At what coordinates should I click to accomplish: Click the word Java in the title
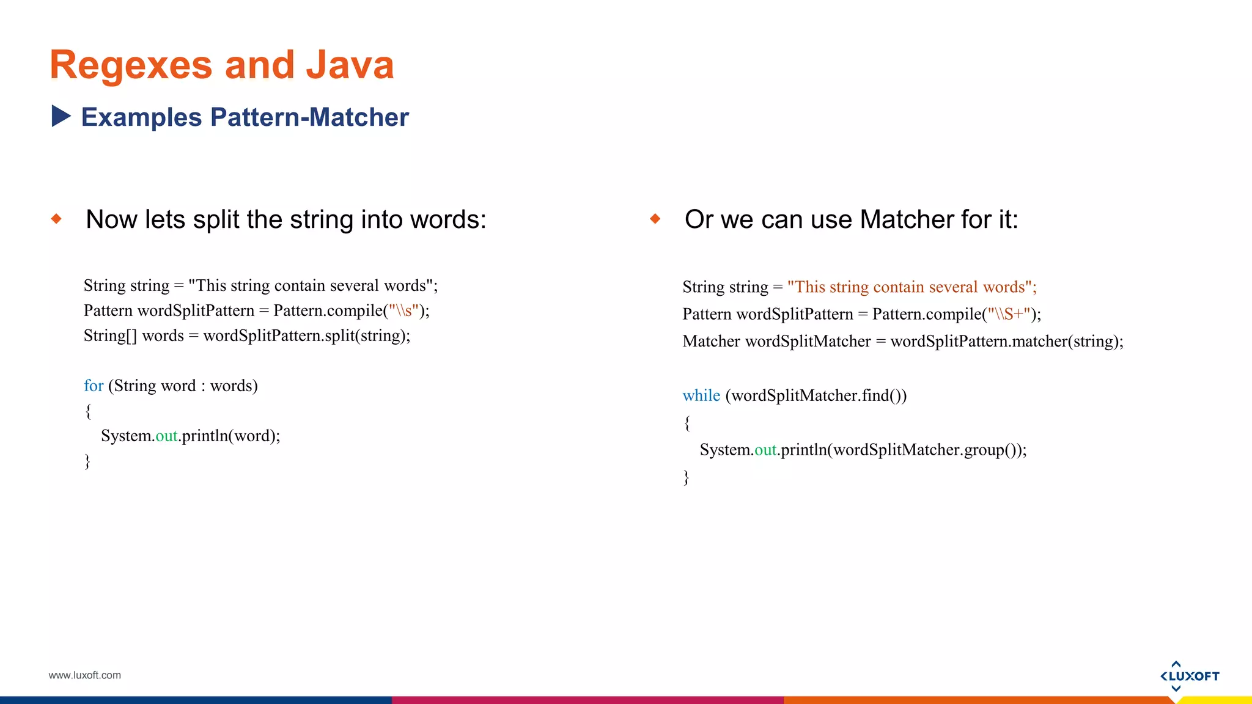(x=350, y=65)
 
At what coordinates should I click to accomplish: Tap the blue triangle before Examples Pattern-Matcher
(x=61, y=116)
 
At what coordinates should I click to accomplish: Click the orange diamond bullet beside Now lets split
(x=57, y=219)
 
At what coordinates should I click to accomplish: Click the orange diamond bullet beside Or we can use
(x=655, y=219)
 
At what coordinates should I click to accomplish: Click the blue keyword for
(x=94, y=386)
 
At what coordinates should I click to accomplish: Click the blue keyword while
(x=701, y=395)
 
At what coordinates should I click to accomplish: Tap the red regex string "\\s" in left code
(x=403, y=310)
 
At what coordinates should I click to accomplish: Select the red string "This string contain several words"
(x=911, y=287)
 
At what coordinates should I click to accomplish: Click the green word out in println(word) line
(x=166, y=436)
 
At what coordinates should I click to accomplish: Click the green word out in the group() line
(x=765, y=450)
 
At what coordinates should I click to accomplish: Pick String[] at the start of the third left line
(x=110, y=335)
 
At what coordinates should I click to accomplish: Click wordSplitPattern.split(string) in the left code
(x=306, y=335)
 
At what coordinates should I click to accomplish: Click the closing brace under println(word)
(x=87, y=461)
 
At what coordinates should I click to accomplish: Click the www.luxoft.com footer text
(x=84, y=675)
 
